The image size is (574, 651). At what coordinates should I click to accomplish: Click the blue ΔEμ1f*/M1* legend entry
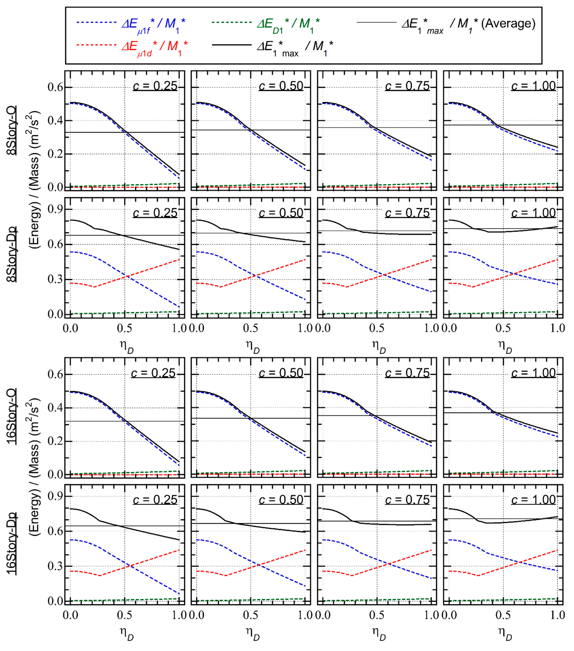click(x=153, y=25)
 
